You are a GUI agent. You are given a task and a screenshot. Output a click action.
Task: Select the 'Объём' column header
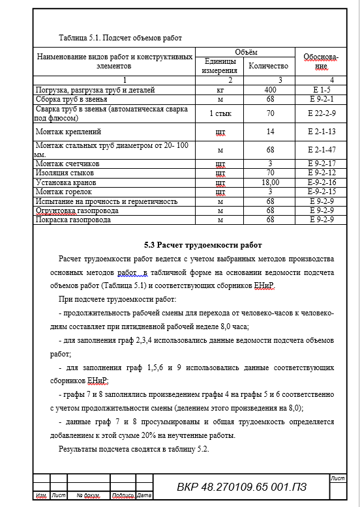point(246,51)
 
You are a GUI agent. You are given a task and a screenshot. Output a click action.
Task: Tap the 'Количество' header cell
point(268,66)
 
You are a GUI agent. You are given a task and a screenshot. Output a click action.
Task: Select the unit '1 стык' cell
point(220,113)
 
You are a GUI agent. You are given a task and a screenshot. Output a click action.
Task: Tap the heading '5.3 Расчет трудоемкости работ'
point(203,245)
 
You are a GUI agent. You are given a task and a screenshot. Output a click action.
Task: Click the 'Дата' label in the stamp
point(144,496)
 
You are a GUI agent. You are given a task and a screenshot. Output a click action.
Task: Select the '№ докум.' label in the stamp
point(87,496)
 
